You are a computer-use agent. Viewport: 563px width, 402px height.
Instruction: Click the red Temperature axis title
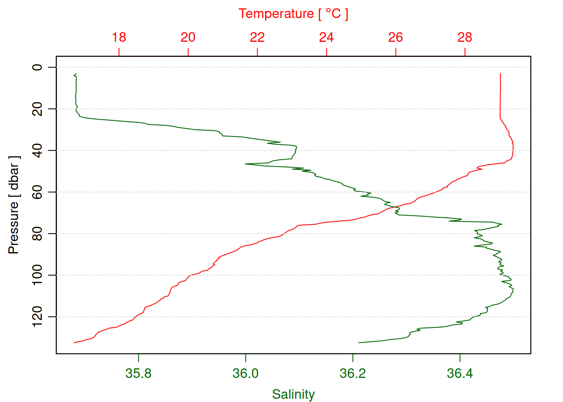click(293, 14)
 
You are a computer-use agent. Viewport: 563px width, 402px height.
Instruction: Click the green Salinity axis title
click(293, 394)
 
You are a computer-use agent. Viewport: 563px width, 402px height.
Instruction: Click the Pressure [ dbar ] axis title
click(14, 205)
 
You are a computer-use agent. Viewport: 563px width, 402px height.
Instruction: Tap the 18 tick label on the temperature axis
click(119, 37)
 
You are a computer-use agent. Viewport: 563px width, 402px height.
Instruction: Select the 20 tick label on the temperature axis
click(188, 37)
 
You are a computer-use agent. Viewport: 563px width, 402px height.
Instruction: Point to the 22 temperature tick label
click(257, 37)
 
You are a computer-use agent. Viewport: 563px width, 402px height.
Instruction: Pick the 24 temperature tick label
click(326, 37)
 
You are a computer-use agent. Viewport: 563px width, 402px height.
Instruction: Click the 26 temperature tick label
click(395, 37)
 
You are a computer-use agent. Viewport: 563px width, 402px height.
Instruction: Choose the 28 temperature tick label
click(465, 37)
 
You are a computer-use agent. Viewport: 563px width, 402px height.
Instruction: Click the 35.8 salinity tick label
click(138, 373)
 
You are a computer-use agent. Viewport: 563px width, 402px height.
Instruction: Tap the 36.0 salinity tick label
click(245, 373)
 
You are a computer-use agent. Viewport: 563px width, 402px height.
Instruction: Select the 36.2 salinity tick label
click(353, 373)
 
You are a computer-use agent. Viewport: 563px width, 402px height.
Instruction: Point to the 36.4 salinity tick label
click(460, 373)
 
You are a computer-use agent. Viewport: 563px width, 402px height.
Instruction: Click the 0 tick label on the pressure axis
click(38, 67)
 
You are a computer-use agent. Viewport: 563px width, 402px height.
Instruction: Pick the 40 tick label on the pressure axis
click(38, 150)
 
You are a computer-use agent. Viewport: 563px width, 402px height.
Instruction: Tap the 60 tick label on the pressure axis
click(38, 192)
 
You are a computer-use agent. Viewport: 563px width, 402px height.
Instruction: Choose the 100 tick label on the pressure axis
click(38, 275)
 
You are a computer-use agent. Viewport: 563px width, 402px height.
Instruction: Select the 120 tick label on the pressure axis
click(38, 317)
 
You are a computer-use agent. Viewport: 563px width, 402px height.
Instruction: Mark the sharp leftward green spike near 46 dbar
click(246, 164)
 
